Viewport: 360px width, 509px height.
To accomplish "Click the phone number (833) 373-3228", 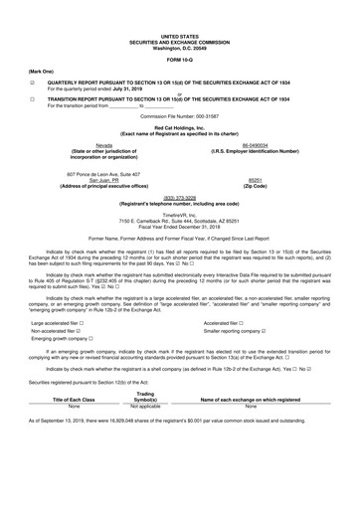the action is click(x=180, y=197).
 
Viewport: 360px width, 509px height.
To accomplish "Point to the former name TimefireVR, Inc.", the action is click(x=180, y=214).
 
